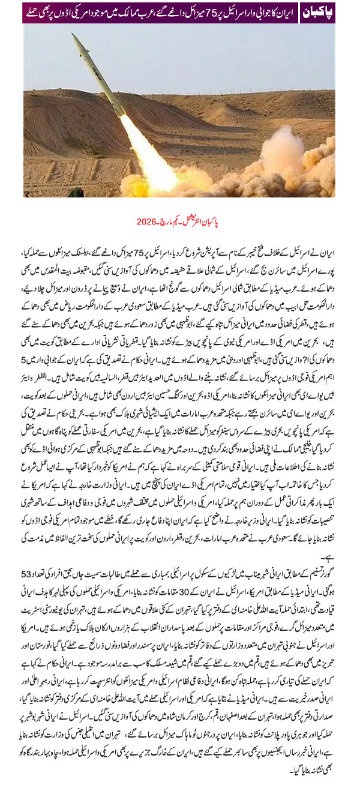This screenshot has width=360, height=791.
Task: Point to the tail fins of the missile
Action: pos(119,108)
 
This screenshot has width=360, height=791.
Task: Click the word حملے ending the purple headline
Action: pos(34,11)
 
